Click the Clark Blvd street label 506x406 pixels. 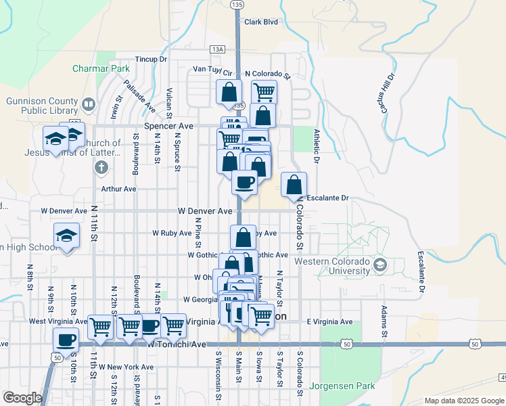(261, 22)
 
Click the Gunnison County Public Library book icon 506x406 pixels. (88, 105)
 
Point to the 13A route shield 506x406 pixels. (216, 49)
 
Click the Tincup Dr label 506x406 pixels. (151, 60)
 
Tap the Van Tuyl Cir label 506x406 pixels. (212, 69)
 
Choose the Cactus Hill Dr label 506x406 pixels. (382, 91)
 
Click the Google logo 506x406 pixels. (22, 398)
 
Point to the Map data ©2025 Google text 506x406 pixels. (463, 401)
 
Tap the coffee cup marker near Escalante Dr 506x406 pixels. (244, 181)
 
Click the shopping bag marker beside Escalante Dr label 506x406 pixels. (294, 185)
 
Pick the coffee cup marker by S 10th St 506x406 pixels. (66, 339)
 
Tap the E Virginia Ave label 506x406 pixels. (329, 321)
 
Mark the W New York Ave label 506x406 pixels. (126, 367)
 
